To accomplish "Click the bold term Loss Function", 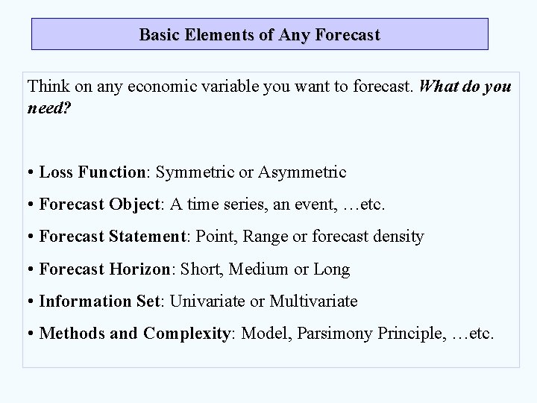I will click(92, 172).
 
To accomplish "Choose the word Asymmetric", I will click(302, 172).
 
